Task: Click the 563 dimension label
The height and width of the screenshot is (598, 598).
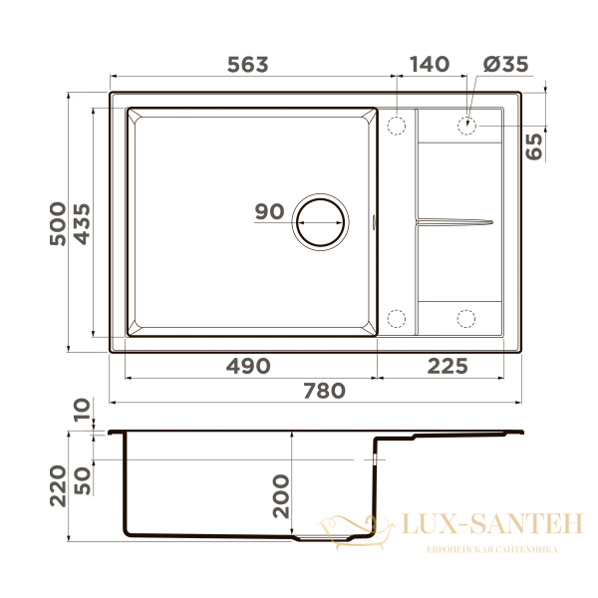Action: pos(248,65)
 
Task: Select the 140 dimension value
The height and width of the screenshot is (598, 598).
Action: pos(430,65)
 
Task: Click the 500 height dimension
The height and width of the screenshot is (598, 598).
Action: pos(58,223)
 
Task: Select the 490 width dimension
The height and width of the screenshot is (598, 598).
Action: pos(247,366)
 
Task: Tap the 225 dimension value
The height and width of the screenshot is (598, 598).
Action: pos(447,366)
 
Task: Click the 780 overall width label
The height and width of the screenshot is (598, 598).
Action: pos(324,391)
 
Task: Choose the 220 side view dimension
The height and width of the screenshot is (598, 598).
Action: pos(58,485)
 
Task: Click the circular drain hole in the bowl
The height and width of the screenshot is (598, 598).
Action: pos(320,219)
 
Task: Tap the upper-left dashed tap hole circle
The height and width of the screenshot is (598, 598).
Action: pos(396,127)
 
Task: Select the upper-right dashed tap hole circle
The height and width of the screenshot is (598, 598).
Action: pos(467,127)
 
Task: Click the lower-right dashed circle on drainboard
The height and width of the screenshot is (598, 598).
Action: pos(467,318)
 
